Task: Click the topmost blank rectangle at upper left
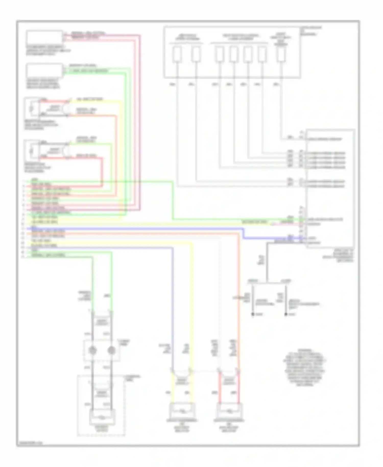(44, 38)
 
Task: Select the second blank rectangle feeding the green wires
(44, 71)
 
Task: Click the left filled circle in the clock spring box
(93, 351)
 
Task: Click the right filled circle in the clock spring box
(111, 351)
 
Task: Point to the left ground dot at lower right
(253, 314)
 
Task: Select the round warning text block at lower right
(304, 367)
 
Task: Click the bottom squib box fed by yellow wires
(182, 411)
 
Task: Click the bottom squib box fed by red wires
(229, 411)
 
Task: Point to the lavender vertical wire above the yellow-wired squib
(173, 307)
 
